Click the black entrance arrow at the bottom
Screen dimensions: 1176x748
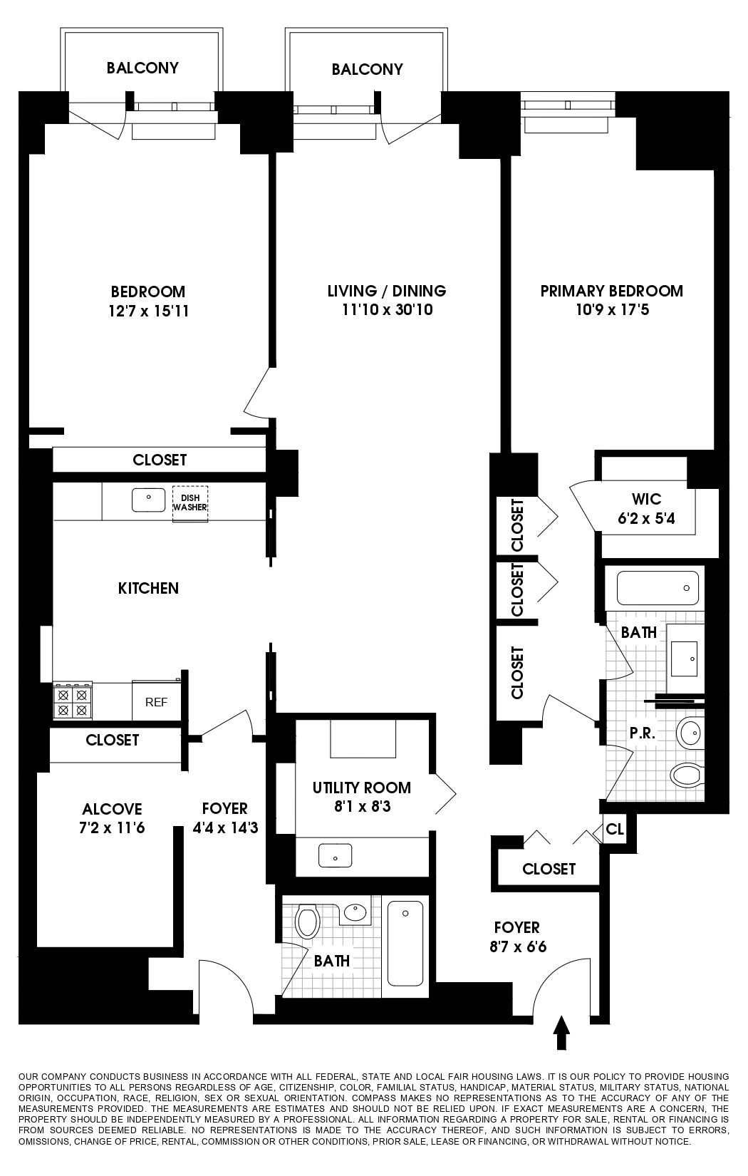pyautogui.click(x=561, y=1033)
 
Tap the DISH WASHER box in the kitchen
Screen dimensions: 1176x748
pyautogui.click(x=189, y=503)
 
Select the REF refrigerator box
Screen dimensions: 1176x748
pyautogui.click(x=156, y=702)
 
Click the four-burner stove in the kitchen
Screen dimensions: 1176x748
pyautogui.click(x=73, y=701)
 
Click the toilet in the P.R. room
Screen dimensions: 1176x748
pyautogui.click(x=687, y=774)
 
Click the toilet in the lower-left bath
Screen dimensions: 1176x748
pyautogui.click(x=308, y=922)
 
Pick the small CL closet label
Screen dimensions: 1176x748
pyautogui.click(x=615, y=830)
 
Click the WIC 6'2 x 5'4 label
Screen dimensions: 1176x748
pyautogui.click(x=646, y=509)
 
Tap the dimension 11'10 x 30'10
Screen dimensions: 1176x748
pyautogui.click(x=387, y=310)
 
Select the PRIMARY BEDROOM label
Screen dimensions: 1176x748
pyautogui.click(x=611, y=291)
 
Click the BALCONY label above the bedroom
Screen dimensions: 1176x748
pyautogui.click(x=142, y=68)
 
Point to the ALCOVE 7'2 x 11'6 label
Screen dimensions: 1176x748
pyautogui.click(x=112, y=818)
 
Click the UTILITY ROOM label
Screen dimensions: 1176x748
pyautogui.click(x=361, y=788)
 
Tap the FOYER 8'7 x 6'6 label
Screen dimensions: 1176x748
pyautogui.click(x=516, y=937)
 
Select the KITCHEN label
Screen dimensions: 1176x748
pyautogui.click(x=148, y=588)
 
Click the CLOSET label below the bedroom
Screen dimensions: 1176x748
pyautogui.click(x=160, y=460)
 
